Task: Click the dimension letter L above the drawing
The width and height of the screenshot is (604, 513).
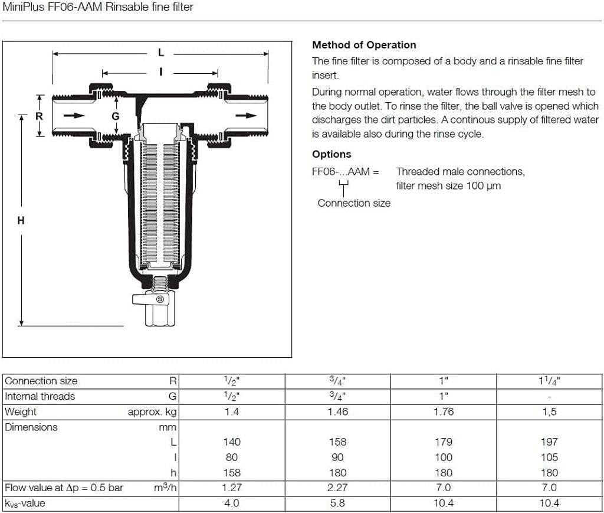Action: click(x=160, y=53)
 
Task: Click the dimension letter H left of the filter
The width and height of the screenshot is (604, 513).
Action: click(x=21, y=220)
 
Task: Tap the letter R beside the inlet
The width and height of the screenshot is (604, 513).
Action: click(x=39, y=116)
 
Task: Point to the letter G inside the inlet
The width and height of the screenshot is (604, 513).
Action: click(x=116, y=116)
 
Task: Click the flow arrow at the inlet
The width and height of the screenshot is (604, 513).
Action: click(x=74, y=115)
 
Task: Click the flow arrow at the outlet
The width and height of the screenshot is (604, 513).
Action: click(x=246, y=115)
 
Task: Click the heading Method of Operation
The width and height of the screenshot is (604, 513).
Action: click(x=364, y=45)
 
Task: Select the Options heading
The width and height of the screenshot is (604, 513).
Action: click(x=331, y=154)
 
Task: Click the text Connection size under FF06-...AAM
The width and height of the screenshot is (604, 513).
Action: click(x=354, y=203)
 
